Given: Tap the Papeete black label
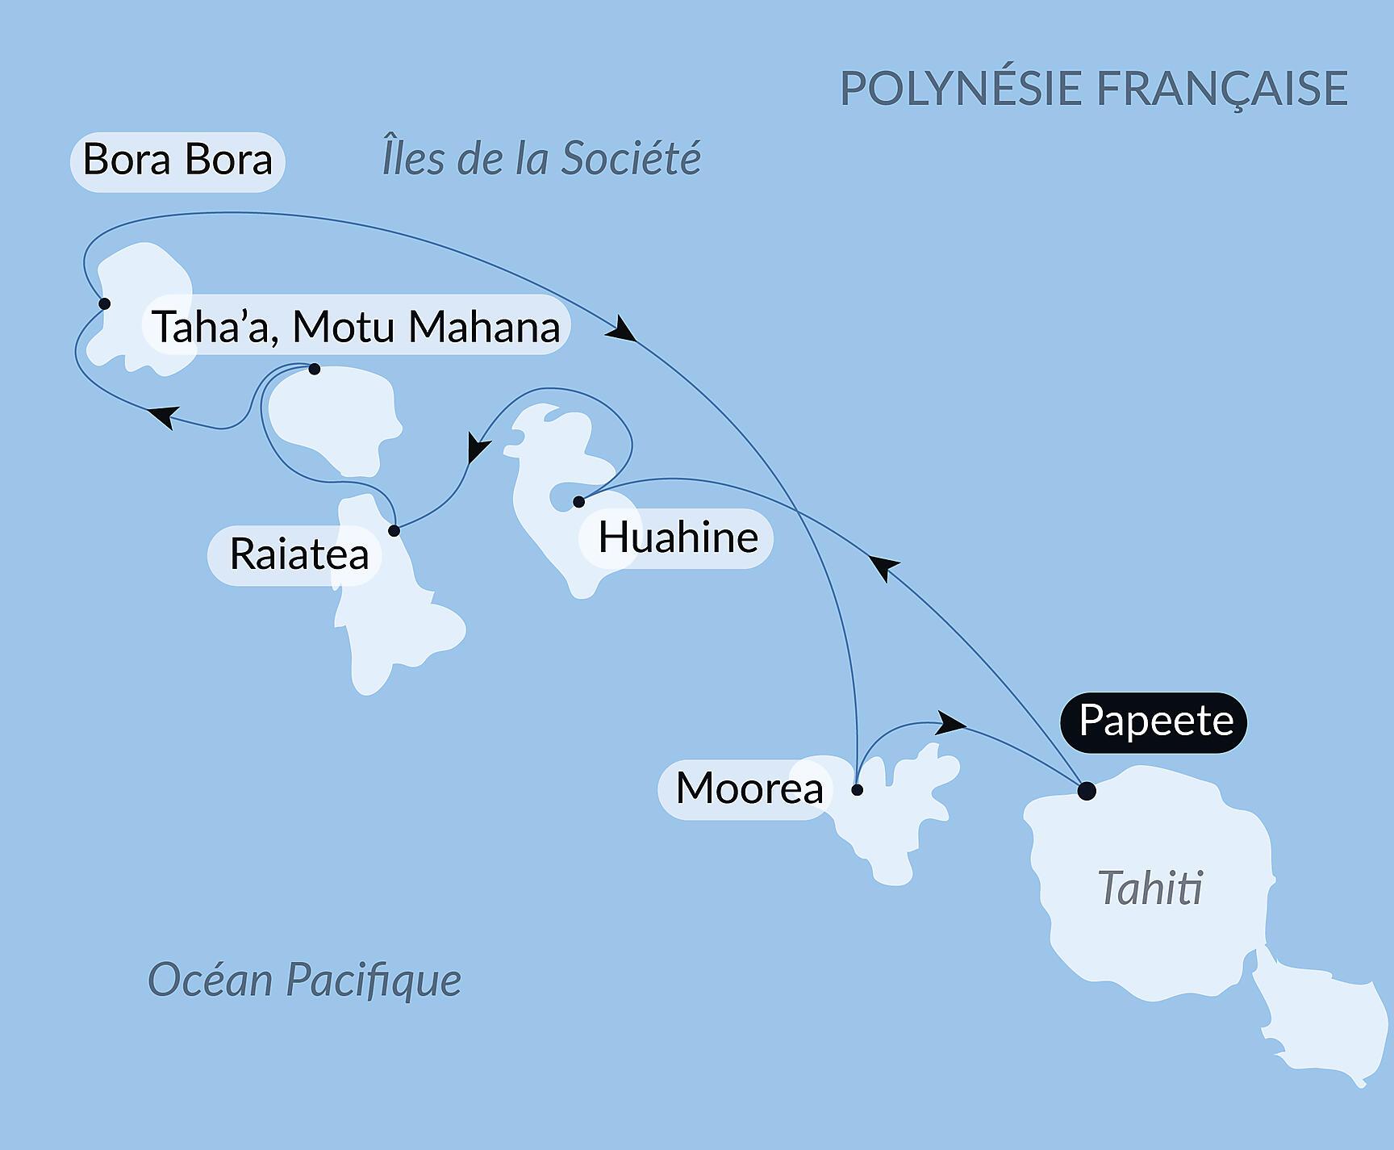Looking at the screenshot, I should click(x=1154, y=722).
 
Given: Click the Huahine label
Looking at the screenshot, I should click(x=678, y=538).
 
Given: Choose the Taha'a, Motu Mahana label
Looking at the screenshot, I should click(x=356, y=325).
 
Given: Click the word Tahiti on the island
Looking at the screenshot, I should click(x=1150, y=889).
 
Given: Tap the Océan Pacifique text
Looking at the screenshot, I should click(x=304, y=980).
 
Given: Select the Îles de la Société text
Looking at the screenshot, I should click(x=540, y=157).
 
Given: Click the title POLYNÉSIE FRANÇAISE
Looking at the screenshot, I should click(x=1094, y=88).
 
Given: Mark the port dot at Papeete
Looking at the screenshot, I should click(x=1087, y=791).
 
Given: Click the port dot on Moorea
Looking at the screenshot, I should click(x=858, y=790).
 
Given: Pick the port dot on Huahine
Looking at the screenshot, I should click(x=578, y=502).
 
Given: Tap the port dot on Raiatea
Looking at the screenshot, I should click(x=394, y=530).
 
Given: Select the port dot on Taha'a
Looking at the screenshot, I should click(x=315, y=369).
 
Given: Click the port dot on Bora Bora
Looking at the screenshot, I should click(x=104, y=303).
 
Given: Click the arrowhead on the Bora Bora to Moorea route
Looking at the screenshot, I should click(x=621, y=330).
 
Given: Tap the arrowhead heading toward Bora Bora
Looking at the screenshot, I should click(x=163, y=416).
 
